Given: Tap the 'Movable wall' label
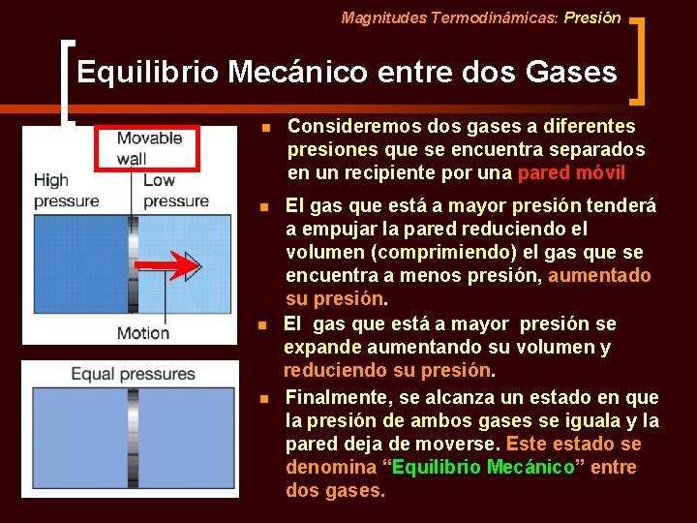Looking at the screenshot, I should [x=149, y=147].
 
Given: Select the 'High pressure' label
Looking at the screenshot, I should [x=66, y=191].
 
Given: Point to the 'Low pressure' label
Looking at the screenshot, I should [x=175, y=191].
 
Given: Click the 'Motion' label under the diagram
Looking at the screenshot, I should [x=143, y=333].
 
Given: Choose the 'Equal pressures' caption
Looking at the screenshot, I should [x=133, y=374].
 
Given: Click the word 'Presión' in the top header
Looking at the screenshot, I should [x=592, y=17].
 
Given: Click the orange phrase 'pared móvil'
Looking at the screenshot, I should [x=571, y=173].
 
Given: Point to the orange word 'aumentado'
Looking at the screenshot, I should [x=599, y=276].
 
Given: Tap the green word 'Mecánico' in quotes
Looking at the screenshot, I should [x=530, y=468].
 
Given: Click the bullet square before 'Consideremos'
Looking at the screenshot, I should [x=264, y=128].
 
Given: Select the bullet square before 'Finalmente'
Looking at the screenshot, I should [x=264, y=399].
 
